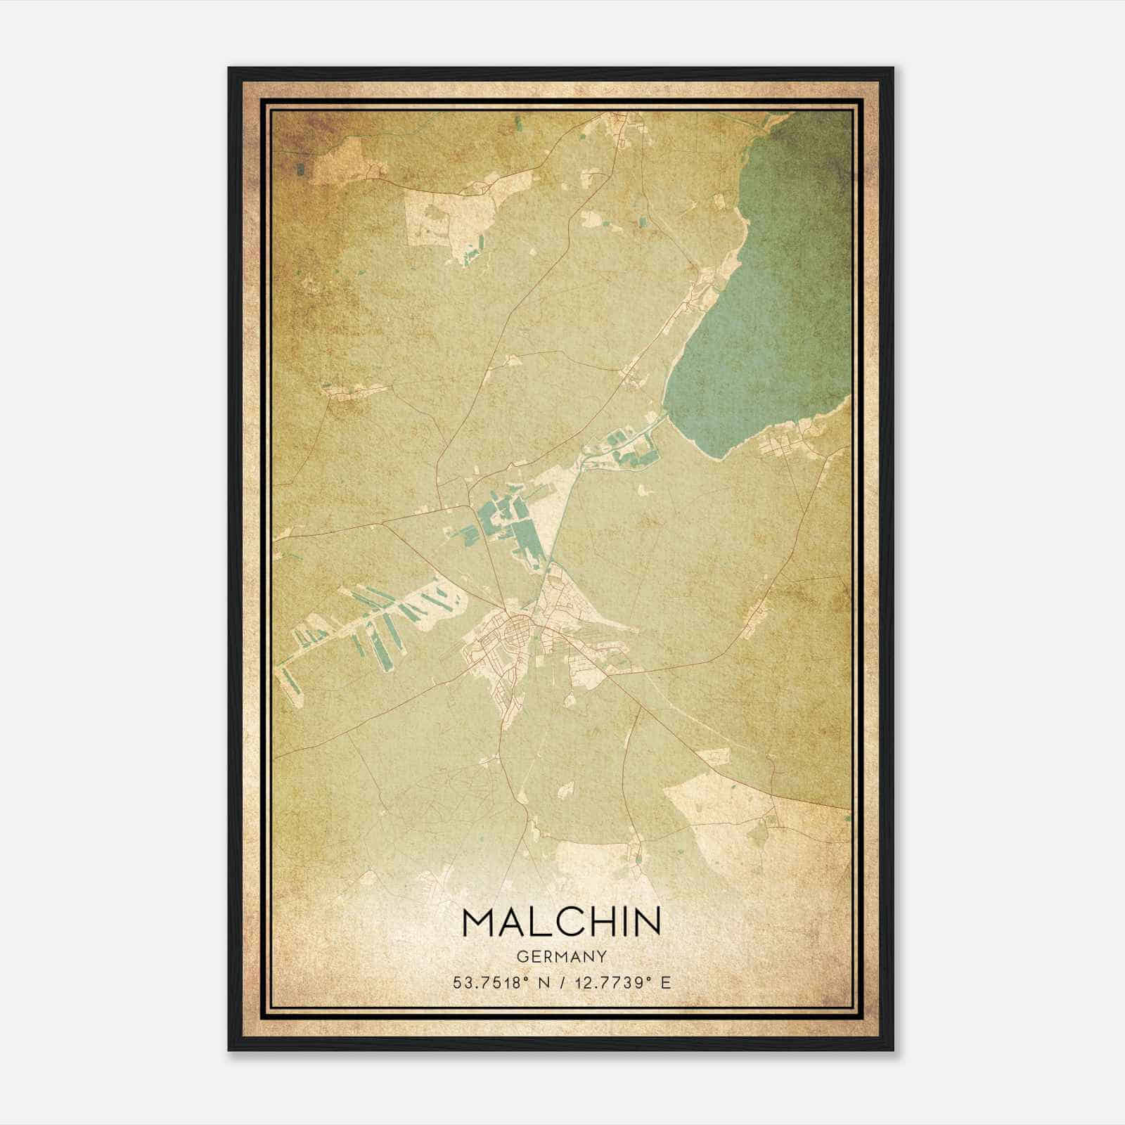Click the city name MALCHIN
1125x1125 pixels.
562,922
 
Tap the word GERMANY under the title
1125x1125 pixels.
562,956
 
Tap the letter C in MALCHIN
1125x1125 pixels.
570,922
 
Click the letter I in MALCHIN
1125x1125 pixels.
628,922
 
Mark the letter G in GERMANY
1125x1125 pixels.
521,956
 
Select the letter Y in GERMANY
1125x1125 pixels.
603,956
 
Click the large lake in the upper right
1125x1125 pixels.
759,302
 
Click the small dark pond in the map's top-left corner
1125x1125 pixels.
301,169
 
